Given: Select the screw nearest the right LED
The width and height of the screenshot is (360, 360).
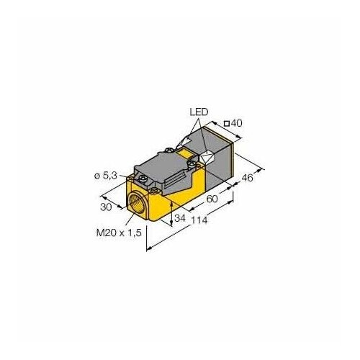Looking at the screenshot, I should tap(194, 168).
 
